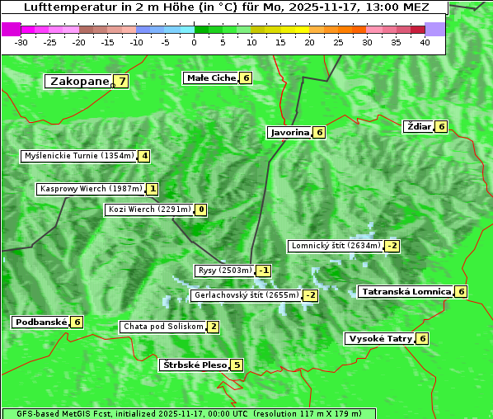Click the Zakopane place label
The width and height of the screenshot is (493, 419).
[80, 81]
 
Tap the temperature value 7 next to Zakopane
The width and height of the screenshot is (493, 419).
[122, 81]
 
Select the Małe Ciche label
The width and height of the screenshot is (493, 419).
[211, 78]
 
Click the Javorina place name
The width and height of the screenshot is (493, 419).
[289, 132]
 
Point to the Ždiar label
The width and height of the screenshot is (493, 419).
[419, 126]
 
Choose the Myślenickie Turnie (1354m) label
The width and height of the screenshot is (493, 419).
[79, 156]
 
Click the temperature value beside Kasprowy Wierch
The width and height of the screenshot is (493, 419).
[153, 189]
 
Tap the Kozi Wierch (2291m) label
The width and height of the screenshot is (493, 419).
[150, 209]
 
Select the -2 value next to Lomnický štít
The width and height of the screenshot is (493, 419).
[392, 246]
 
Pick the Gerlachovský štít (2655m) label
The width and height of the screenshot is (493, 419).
[246, 295]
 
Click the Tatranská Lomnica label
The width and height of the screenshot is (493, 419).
[406, 291]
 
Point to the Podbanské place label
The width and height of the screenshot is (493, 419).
[40, 322]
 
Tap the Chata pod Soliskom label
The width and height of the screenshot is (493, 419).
[162, 327]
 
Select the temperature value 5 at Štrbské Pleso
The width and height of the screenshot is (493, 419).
[237, 365]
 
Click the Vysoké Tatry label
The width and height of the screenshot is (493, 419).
[379, 338]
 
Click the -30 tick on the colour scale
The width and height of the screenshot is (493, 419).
[21, 42]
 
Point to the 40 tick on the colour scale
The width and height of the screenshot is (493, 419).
[425, 42]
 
